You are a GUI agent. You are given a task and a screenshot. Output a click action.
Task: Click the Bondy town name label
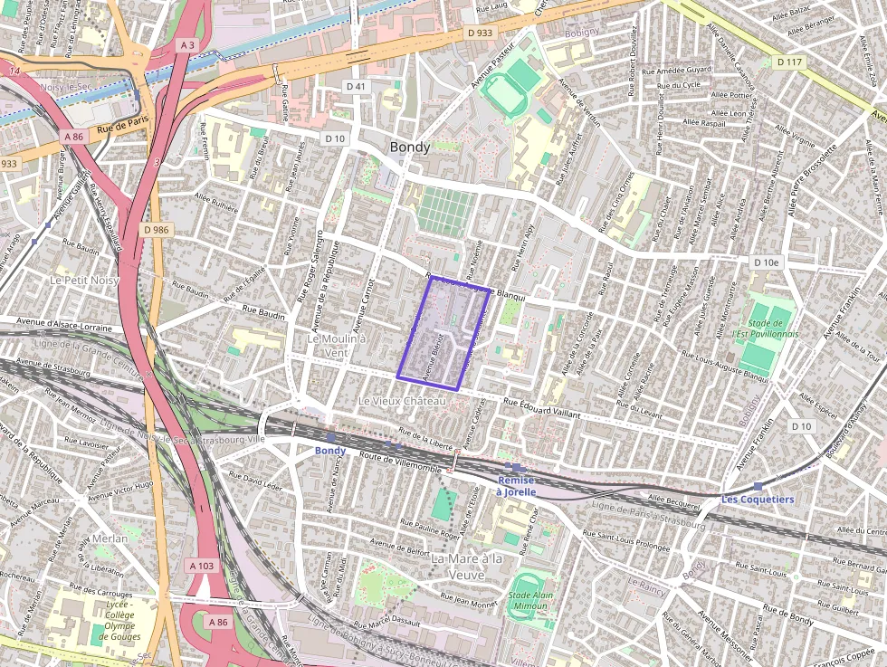tap(409, 147)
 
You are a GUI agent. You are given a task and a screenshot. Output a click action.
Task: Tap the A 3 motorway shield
tap(186, 44)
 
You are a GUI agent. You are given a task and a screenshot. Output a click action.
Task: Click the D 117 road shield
tap(789, 62)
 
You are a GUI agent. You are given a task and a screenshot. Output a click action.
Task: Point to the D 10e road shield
tap(766, 262)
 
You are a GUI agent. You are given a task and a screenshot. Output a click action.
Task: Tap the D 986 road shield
tap(157, 230)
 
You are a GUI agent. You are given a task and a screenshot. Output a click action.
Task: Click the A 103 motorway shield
tap(203, 565)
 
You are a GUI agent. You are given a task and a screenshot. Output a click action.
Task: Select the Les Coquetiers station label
tap(757, 499)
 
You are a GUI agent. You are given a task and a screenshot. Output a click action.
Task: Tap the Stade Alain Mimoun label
tap(531, 602)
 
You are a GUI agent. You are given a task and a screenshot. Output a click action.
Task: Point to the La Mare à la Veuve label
tap(465, 567)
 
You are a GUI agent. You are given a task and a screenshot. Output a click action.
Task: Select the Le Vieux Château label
tap(403, 400)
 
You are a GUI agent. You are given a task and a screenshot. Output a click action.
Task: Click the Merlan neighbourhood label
tap(110, 538)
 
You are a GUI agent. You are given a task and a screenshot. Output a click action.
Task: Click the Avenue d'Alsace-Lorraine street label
tap(62, 327)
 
